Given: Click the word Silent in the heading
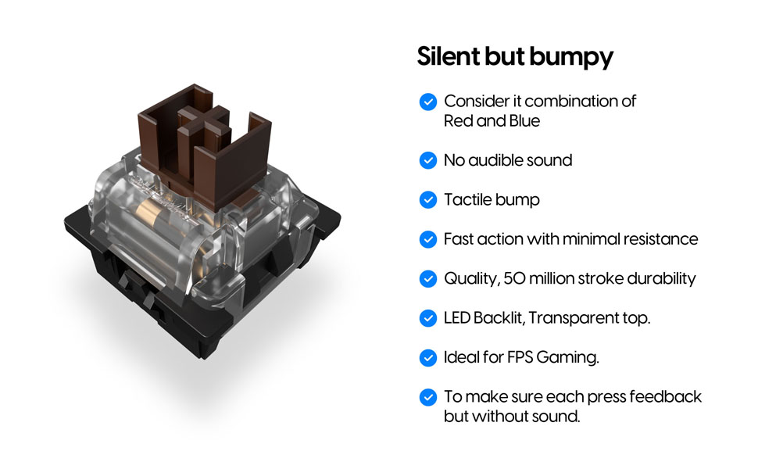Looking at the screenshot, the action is point(444,56).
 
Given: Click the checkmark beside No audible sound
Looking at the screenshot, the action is point(428,160).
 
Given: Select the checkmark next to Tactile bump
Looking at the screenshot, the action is point(428,200).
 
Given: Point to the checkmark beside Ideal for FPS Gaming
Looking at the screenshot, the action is point(428,358).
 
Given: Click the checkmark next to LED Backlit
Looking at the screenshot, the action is point(428,318).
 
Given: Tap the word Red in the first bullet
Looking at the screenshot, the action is point(458,121).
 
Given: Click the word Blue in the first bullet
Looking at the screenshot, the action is point(521,121).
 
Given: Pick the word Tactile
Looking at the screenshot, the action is point(467,200).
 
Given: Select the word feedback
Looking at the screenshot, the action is point(663,397).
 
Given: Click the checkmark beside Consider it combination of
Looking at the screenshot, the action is point(428,101).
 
